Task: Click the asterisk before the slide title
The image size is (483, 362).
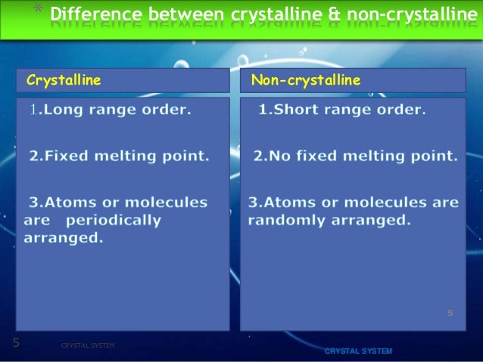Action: pyautogui.click(x=37, y=11)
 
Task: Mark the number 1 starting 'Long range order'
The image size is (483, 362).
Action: pyautogui.click(x=33, y=110)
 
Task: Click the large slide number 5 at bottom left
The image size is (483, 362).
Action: pyautogui.click(x=16, y=343)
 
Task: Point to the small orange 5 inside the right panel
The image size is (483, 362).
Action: pyautogui.click(x=450, y=311)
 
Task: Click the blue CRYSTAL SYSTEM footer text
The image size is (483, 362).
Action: pyautogui.click(x=358, y=352)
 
